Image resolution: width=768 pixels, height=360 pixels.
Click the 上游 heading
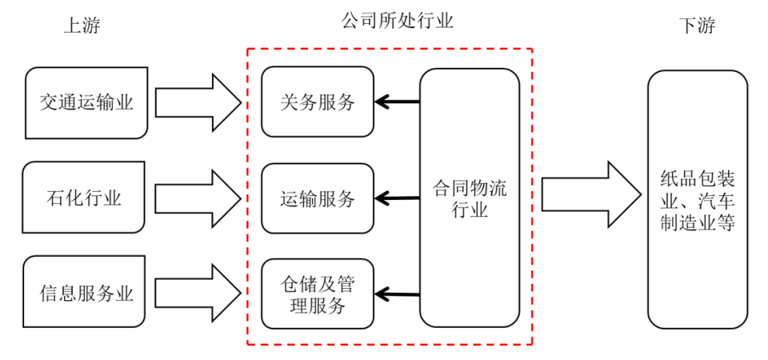[x=82, y=26]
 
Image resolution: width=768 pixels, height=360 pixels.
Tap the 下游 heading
[x=696, y=26]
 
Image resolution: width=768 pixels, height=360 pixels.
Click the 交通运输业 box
[x=86, y=103]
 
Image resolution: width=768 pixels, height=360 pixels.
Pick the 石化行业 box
[x=86, y=198]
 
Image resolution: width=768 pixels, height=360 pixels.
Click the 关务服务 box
[x=318, y=102]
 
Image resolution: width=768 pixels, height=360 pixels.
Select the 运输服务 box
[x=318, y=198]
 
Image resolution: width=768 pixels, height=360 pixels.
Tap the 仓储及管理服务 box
[x=318, y=294]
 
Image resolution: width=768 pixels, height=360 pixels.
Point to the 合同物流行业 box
[x=470, y=198]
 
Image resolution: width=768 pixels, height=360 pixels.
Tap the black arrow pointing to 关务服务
[x=398, y=102]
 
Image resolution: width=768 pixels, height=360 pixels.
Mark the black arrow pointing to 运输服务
[x=398, y=198]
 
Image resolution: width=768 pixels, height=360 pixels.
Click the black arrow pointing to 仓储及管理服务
[x=398, y=294]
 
